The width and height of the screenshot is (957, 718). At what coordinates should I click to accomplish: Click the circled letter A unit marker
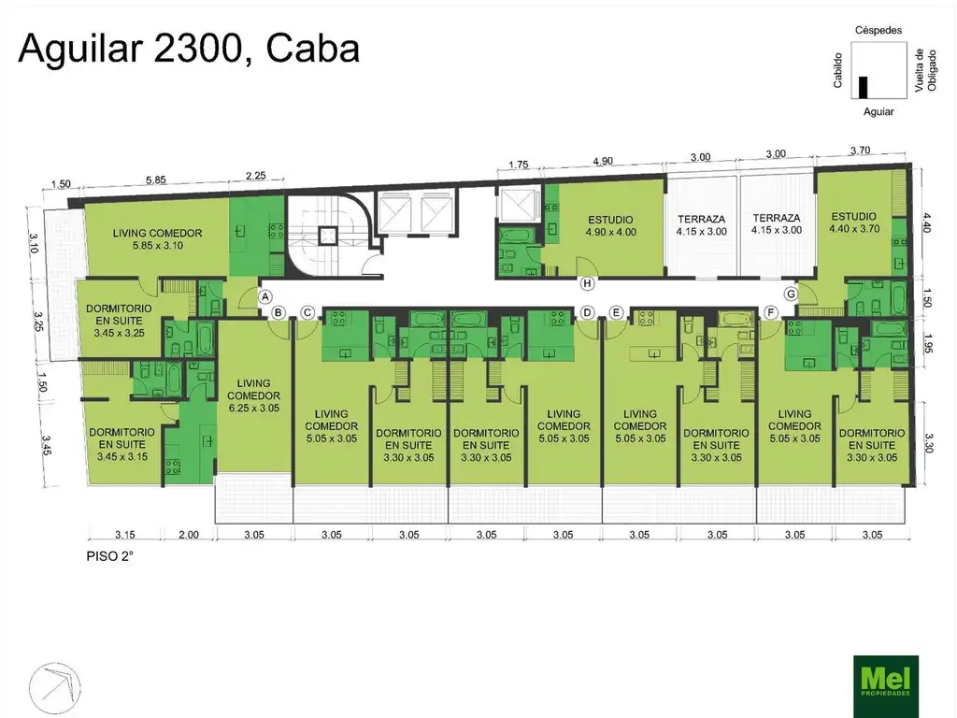264,297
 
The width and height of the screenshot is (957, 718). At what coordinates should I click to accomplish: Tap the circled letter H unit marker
587,283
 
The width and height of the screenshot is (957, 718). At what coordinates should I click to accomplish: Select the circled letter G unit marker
791,294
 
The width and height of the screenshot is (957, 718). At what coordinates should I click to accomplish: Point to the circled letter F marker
771,313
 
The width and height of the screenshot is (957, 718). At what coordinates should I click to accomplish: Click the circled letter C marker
307,313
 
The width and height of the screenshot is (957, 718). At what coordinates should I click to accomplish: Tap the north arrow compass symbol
55,688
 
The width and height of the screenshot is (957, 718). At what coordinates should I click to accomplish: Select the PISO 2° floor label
110,556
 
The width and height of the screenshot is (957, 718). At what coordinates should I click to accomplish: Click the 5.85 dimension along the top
155,180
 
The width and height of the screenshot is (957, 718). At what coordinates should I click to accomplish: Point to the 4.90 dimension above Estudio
603,161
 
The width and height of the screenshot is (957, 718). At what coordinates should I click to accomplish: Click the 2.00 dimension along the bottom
189,534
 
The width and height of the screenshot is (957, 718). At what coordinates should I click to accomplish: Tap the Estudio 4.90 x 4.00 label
610,226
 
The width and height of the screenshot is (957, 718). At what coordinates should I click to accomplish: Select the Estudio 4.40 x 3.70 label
854,223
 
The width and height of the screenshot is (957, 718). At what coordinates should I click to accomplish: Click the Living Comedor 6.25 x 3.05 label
253,395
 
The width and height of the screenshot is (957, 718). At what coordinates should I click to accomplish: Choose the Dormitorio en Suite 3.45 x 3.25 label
119,321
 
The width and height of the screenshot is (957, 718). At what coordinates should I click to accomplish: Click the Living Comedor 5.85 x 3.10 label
157,238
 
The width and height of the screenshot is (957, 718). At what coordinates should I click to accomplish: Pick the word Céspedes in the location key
878,30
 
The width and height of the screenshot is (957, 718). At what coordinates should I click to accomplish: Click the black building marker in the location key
863,87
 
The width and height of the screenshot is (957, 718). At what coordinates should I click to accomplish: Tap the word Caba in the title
312,49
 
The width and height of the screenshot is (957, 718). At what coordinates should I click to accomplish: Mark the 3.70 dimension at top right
860,151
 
